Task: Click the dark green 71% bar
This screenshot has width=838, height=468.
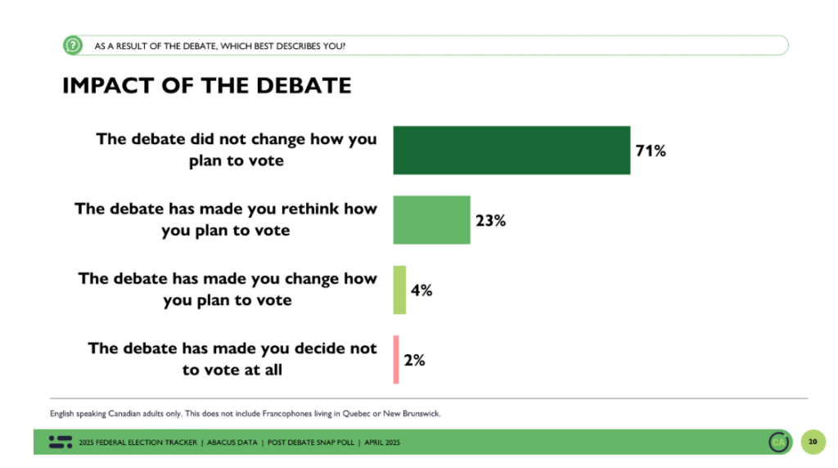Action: coord(511,150)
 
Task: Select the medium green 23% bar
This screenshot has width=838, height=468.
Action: coord(432,220)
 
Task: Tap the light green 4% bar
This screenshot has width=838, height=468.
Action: coord(399,290)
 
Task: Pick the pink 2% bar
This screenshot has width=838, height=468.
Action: coord(396,359)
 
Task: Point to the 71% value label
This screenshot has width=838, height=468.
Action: coord(651,151)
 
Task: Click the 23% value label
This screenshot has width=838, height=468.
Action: coord(491,220)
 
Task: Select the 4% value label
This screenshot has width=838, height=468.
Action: coord(421,290)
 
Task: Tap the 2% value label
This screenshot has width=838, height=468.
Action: coord(414,360)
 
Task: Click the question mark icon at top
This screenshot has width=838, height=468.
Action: coord(73,46)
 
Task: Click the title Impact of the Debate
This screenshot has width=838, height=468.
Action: coord(207,85)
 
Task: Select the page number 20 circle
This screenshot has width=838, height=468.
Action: coord(813,442)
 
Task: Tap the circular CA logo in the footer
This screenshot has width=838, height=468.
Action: coord(779,442)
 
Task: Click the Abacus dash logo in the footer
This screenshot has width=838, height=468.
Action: coord(61,442)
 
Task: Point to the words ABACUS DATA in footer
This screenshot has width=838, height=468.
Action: coord(232,443)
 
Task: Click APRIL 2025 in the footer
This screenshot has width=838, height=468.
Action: coord(382,443)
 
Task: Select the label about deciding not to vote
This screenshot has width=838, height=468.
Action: coord(232,359)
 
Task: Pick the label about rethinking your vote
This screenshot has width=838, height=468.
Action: coord(226,219)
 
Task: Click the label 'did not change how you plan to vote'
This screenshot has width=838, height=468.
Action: coord(237,150)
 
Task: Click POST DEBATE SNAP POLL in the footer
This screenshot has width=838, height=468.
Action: coord(311,443)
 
